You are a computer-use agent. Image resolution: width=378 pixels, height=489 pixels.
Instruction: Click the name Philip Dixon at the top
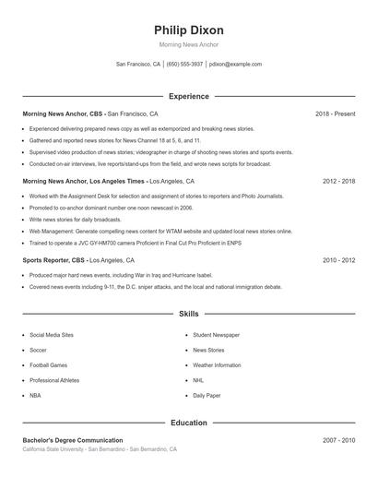pyautogui.click(x=189, y=30)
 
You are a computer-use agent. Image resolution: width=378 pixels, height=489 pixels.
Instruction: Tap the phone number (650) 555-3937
pyautogui.click(x=184, y=65)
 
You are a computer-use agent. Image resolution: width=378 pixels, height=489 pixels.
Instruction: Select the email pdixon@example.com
pyautogui.click(x=235, y=65)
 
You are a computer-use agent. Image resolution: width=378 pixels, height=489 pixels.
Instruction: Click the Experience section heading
pyautogui.click(x=189, y=96)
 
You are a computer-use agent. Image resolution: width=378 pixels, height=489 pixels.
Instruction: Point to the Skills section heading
pyautogui.click(x=189, y=315)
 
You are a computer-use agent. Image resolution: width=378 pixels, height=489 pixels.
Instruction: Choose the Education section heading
pyautogui.click(x=189, y=423)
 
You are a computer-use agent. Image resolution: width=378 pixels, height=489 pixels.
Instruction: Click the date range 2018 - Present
pyautogui.click(x=335, y=113)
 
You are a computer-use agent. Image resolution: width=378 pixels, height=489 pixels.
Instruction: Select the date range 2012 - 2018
pyautogui.click(x=338, y=182)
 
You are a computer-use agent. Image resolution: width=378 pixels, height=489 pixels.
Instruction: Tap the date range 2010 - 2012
pyautogui.click(x=338, y=260)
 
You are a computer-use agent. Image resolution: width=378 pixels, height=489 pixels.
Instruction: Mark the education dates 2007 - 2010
pyautogui.click(x=338, y=441)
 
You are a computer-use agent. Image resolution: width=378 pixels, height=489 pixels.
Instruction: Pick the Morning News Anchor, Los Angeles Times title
pyautogui.click(x=84, y=182)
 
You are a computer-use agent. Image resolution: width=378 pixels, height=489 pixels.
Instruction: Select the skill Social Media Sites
pyautogui.click(x=52, y=335)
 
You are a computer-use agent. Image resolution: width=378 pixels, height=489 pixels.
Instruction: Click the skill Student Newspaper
pyautogui.click(x=217, y=335)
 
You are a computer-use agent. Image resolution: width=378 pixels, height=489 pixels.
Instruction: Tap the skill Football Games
pyautogui.click(x=48, y=365)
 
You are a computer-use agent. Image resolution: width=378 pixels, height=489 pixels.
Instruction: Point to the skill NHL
pyautogui.click(x=198, y=380)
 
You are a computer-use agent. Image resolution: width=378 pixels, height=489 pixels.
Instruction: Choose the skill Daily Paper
pyautogui.click(x=207, y=395)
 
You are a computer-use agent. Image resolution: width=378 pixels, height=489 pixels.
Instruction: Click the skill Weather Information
pyautogui.click(x=217, y=365)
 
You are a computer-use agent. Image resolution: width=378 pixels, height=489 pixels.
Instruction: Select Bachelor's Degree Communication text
pyautogui.click(x=73, y=441)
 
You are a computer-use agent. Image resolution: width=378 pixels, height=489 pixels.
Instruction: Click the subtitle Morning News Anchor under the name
pyautogui.click(x=189, y=45)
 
